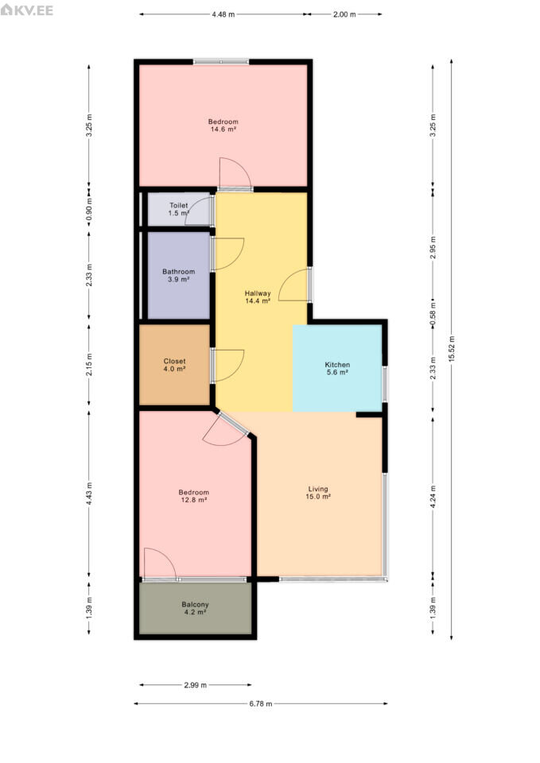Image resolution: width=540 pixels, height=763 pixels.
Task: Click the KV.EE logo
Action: [x=27, y=10]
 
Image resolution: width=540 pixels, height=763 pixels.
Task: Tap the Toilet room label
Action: [x=179, y=209]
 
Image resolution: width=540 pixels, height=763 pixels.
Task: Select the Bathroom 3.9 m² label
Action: [x=179, y=276]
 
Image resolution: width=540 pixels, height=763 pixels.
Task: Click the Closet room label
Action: [x=174, y=365]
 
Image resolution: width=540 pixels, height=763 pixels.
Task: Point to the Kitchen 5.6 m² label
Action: [x=337, y=368]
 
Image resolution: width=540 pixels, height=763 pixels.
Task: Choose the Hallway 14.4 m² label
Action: [x=258, y=296]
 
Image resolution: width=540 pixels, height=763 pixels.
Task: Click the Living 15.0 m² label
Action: [x=318, y=493]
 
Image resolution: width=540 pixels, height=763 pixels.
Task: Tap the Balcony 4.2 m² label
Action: [x=196, y=608]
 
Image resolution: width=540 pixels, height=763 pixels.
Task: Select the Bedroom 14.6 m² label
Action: [x=223, y=126]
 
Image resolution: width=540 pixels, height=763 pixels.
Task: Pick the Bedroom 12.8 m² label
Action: [x=194, y=496]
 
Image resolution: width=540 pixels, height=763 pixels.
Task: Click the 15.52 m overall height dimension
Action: [x=452, y=349]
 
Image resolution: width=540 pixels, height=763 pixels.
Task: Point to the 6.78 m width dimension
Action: [x=261, y=703]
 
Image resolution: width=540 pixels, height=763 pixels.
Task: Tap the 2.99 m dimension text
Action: [x=196, y=685]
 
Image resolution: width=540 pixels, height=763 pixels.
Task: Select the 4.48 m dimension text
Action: [x=223, y=14]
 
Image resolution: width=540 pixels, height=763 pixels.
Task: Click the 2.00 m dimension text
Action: [x=344, y=14]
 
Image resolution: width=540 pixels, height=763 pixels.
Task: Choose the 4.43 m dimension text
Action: [x=89, y=494]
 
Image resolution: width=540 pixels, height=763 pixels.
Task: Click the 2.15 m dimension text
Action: [x=89, y=365]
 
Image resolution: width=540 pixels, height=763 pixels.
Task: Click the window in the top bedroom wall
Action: [x=221, y=62]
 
